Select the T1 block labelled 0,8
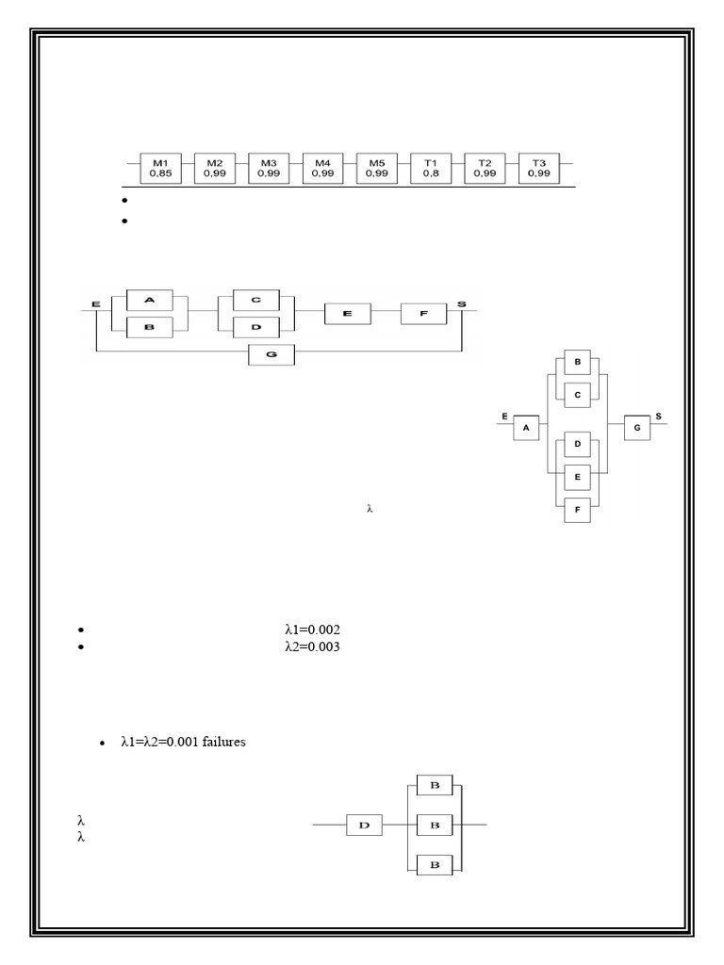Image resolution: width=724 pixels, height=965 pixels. coord(431,169)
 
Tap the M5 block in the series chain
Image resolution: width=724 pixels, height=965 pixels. coord(377,169)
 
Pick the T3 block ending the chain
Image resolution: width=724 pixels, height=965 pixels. coord(539,169)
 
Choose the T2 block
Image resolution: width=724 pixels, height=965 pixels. coord(485,169)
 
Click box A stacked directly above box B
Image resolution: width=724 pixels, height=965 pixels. coord(149,300)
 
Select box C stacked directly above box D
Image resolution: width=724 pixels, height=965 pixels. coord(256,300)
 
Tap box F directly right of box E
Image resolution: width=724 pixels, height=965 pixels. coord(423,313)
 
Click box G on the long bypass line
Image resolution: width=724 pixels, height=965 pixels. coord(271,355)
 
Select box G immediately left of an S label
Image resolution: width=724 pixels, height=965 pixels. coord(637,427)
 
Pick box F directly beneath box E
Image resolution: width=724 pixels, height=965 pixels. coord(577,510)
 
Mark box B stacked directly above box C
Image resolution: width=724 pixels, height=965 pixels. coord(577,363)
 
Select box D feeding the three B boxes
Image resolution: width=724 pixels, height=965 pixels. coord(363,826)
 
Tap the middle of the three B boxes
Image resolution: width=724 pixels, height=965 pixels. coord(435,826)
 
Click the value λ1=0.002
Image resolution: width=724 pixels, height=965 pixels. coord(311,630)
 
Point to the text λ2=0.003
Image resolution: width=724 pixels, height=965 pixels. coord(311,647)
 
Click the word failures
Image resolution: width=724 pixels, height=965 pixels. coord(223,743)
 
